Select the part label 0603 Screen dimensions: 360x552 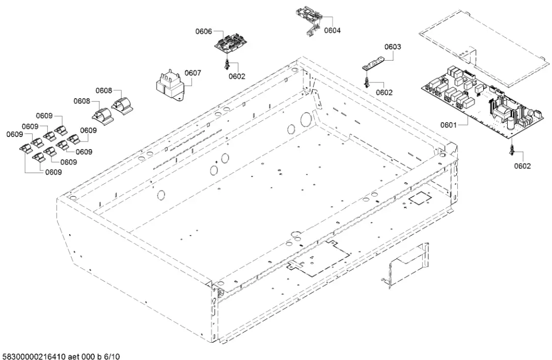pos(393,47)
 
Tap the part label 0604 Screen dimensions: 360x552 pos(332,31)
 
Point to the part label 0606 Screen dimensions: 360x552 pos(204,32)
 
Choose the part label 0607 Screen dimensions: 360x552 pos(192,73)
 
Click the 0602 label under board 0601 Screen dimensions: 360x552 pos(522,166)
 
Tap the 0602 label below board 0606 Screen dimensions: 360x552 pos(237,76)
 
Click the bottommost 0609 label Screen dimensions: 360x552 pos(53,172)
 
